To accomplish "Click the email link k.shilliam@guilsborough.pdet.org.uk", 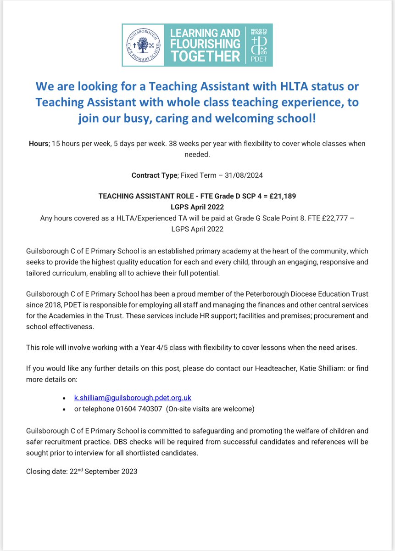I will (129, 398).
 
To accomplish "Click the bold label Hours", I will (39, 144).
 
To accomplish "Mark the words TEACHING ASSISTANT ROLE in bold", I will (140, 196).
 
